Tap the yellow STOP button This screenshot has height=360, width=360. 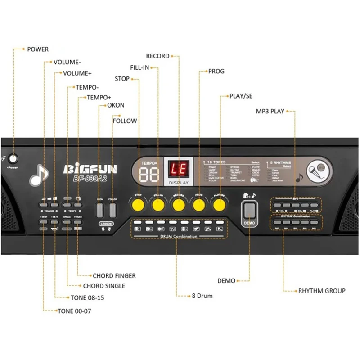click(x=138, y=205)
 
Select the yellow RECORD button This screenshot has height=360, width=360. click(x=179, y=205)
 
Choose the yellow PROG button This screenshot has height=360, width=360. click(x=199, y=205)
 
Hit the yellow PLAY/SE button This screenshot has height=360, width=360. click(x=219, y=205)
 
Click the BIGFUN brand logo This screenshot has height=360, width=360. click(x=90, y=169)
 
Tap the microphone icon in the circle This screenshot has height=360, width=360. click(x=316, y=171)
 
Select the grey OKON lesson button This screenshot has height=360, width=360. click(x=100, y=210)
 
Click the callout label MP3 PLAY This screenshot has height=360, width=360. click(x=270, y=111)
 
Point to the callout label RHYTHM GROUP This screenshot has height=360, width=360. click(x=322, y=291)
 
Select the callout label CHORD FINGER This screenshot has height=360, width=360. click(x=114, y=275)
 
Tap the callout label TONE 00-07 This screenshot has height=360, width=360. click(x=74, y=311)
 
